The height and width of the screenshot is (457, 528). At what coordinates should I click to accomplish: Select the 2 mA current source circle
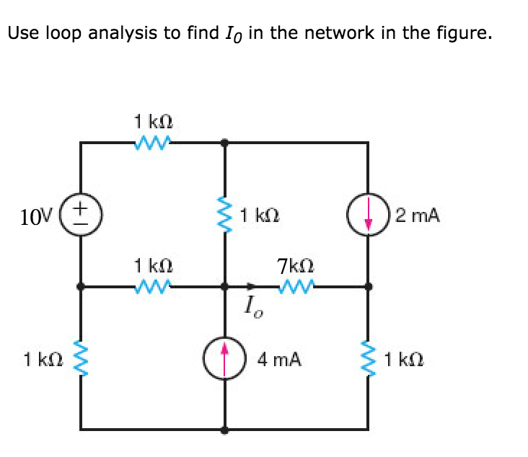pyautogui.click(x=369, y=215)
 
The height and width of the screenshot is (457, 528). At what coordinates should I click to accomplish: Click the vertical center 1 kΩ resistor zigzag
pyautogui.click(x=225, y=214)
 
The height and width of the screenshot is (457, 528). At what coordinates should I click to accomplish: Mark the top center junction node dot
pyautogui.click(x=225, y=142)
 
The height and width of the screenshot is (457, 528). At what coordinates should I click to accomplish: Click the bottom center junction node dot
pyautogui.click(x=225, y=430)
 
